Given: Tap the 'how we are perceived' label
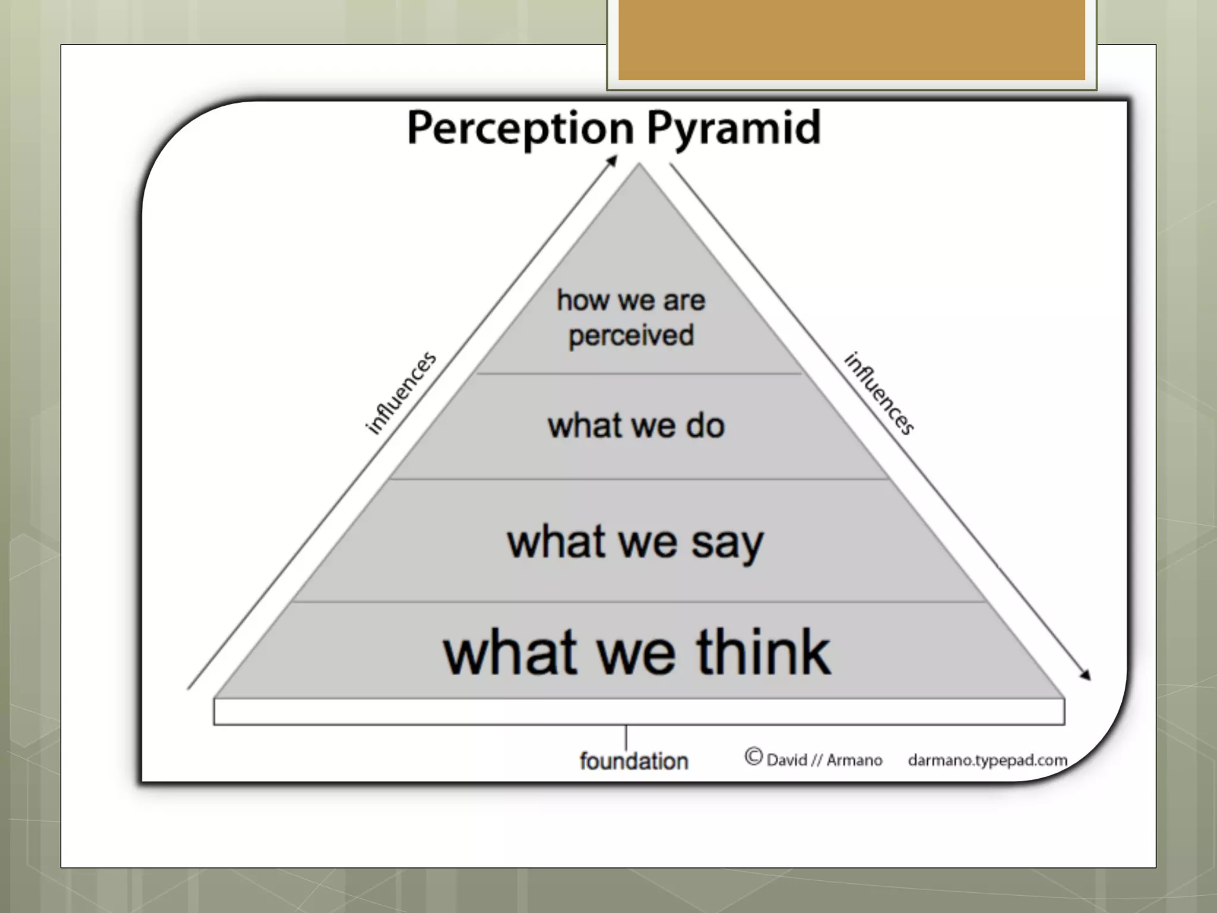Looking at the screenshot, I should tap(631, 317).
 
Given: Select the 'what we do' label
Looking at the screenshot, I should tap(636, 426).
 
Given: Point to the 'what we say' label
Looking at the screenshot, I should tap(635, 542).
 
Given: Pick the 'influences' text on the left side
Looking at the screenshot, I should tap(401, 393).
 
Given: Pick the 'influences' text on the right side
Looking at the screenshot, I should tap(879, 393).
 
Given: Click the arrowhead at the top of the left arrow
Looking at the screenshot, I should tap(613, 160).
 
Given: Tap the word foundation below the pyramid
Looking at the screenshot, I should tap(633, 761).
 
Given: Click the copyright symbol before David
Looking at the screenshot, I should tap(753, 757).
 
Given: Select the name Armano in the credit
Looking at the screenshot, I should tap(854, 760).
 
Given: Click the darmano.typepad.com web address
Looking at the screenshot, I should tap(987, 760).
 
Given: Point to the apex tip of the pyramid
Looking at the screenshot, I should tap(639, 166).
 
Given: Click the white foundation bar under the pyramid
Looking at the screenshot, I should tap(639, 711).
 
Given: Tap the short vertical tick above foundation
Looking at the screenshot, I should tap(626, 738).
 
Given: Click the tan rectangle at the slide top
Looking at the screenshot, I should tap(852, 39).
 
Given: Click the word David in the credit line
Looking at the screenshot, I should tap(787, 760).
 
